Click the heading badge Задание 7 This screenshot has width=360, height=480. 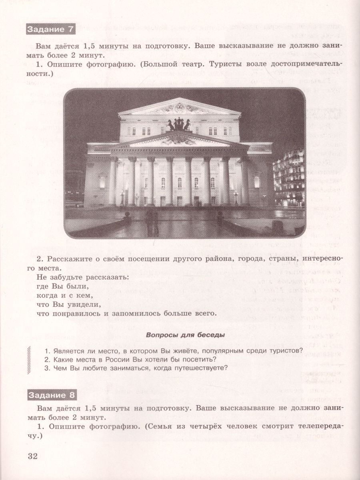(x=50, y=30)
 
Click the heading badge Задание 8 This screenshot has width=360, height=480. (x=52, y=395)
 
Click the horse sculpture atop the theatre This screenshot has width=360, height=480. (x=178, y=124)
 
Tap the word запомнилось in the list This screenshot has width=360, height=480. (x=135, y=313)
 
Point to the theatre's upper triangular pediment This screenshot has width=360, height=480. (x=180, y=107)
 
